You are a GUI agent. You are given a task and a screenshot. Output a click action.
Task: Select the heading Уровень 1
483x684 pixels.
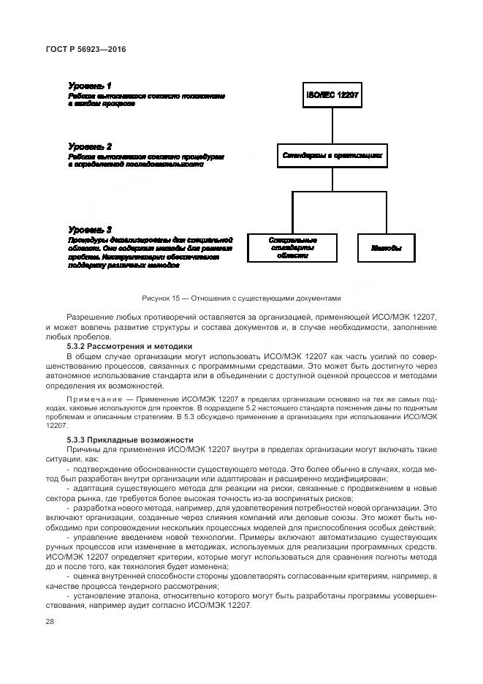tap(90, 86)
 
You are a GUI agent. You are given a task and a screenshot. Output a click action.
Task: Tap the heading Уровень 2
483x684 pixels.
tap(90, 146)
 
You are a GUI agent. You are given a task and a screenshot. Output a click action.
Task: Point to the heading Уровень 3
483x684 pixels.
tap(90, 229)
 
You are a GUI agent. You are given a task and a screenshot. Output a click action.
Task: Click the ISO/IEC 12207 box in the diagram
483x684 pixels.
tap(332, 95)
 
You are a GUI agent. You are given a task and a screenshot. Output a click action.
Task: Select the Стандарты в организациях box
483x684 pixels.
tap(332, 156)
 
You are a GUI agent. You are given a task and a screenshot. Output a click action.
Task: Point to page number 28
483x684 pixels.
tap(50, 621)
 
